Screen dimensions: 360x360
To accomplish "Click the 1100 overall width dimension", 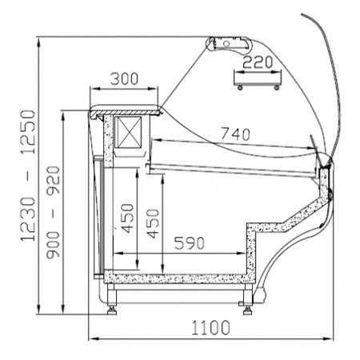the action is pos(210,327).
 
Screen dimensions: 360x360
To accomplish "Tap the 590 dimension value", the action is pos(190,242).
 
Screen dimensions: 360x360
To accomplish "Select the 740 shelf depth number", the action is pos(235,134).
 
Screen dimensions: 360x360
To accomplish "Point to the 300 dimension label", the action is pos(124,78).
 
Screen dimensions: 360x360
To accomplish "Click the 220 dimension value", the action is pos(258,62).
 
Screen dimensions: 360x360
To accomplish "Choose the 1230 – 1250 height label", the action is pos(28,175).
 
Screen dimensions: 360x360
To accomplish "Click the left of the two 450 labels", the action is pos(127,218).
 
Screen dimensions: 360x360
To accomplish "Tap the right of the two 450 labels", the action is pos(153,223).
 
